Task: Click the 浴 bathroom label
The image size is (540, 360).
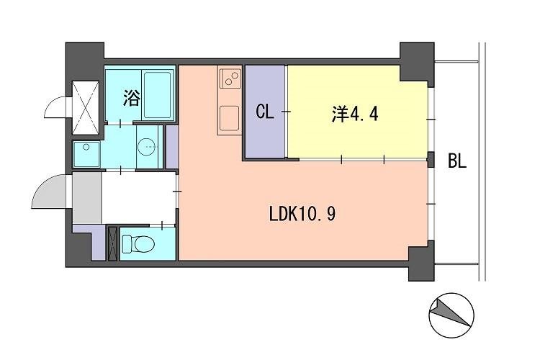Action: [131, 99]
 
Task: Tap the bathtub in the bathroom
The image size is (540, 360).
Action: [158, 95]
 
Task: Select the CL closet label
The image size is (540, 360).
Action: [265, 112]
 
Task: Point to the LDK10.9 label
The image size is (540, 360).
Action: [302, 214]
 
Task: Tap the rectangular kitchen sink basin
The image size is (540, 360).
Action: [229, 117]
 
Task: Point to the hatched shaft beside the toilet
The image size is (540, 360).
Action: [112, 243]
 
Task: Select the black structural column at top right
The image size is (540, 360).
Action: [417, 61]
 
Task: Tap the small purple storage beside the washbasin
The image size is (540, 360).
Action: [172, 147]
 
